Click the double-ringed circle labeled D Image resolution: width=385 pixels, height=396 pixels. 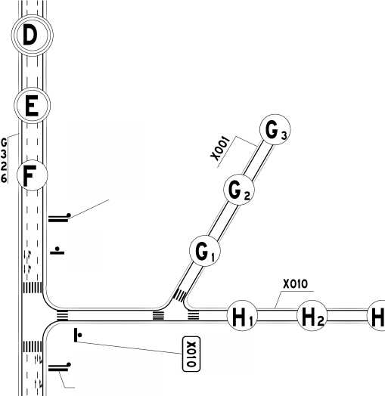pyautogui.click(x=32, y=35)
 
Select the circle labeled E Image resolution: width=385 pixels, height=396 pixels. pyautogui.click(x=32, y=105)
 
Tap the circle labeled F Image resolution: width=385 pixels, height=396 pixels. pyautogui.click(x=32, y=175)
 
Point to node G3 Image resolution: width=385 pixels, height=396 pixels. pyautogui.click(x=275, y=129)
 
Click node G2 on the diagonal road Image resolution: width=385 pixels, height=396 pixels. pyautogui.click(x=239, y=190)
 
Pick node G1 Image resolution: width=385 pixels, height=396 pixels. pyautogui.click(x=205, y=251)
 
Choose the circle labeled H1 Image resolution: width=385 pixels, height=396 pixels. pyautogui.click(x=242, y=316)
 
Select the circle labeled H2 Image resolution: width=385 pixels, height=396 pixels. pyautogui.click(x=312, y=316)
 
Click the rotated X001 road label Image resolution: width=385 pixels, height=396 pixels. pyautogui.click(x=220, y=149)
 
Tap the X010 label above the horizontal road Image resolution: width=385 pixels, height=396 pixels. pyautogui.click(x=295, y=284)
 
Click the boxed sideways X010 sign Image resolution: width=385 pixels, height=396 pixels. pyautogui.click(x=191, y=354)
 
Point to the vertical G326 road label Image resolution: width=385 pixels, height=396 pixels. pyautogui.click(x=4, y=160)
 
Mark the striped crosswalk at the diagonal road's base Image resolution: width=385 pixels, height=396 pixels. pyautogui.click(x=180, y=295)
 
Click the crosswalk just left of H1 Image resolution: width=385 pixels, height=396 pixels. pyautogui.click(x=194, y=316)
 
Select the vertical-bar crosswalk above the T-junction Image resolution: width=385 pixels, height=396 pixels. pyautogui.click(x=33, y=287)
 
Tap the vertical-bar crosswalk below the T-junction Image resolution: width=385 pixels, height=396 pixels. pyautogui.click(x=33, y=346)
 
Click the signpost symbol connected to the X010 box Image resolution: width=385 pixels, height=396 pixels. pyautogui.click(x=78, y=335)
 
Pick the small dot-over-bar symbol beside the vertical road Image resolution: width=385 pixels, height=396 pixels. pyautogui.click(x=57, y=251)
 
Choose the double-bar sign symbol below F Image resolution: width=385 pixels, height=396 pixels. pyautogui.click(x=60, y=218)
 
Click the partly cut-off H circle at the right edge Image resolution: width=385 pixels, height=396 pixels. pyautogui.click(x=377, y=316)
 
